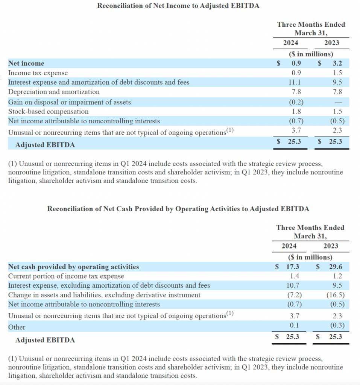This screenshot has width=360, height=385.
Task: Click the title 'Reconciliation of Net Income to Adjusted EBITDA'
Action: click(x=178, y=6)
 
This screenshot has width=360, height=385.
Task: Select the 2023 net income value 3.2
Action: click(x=337, y=64)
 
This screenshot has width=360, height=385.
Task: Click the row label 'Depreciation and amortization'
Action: click(x=54, y=92)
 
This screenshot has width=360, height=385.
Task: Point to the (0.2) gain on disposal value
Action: click(x=296, y=102)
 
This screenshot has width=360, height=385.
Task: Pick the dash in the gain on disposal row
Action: click(x=338, y=102)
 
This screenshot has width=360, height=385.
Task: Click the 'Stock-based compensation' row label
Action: click(x=49, y=112)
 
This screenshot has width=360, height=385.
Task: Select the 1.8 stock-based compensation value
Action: click(x=296, y=112)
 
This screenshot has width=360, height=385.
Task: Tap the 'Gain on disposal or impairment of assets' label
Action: click(x=70, y=102)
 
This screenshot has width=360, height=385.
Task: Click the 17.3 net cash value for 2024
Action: click(x=292, y=267)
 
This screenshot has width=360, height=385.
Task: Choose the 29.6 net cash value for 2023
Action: click(x=335, y=267)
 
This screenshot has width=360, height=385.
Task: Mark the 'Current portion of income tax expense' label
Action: click(x=66, y=276)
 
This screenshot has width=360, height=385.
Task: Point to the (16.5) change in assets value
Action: click(x=335, y=295)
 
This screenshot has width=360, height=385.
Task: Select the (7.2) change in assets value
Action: click(x=294, y=295)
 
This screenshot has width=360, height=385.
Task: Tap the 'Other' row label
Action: click(x=17, y=327)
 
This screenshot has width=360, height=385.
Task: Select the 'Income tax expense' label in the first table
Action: click(x=38, y=73)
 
